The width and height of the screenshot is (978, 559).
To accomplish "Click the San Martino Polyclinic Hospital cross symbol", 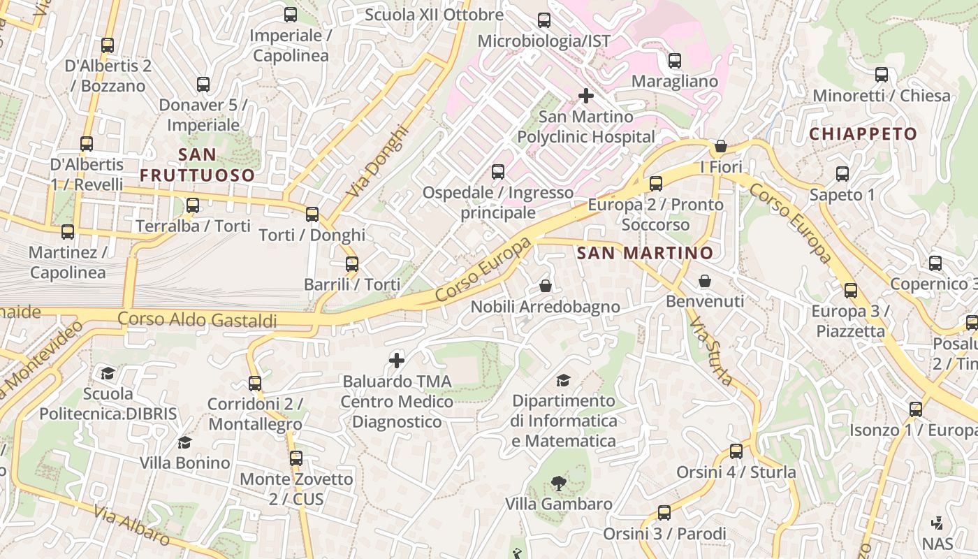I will tap(586, 96).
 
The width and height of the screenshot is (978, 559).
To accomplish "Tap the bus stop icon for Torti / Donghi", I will tap(312, 215).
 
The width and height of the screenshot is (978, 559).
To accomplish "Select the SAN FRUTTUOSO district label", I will tap(198, 165).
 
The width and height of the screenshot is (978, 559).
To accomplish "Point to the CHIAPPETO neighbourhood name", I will tap(863, 133).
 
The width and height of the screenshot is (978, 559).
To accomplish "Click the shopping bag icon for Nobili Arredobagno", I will tap(546, 286).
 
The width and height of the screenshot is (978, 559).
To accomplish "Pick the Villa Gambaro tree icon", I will tap(558, 483).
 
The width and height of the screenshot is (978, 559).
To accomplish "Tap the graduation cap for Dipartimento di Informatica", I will tap(563, 380).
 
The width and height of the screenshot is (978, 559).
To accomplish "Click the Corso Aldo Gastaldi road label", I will tap(197, 319).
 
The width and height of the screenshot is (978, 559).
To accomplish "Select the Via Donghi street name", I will tap(377, 161).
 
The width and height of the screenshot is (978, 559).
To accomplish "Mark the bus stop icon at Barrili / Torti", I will tap(352, 264).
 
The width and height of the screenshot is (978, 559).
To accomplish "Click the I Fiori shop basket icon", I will tap(721, 146).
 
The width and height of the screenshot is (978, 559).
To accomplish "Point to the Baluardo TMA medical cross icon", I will tap(397, 361).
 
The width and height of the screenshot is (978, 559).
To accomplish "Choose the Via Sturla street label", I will tap(710, 352).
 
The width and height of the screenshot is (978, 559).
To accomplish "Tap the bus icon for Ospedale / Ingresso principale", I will tap(498, 171).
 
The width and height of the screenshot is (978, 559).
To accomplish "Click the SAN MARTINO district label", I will tap(645, 253).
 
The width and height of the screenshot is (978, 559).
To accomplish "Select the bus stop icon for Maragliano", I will tap(675, 61).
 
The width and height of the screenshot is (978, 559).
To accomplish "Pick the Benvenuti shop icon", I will tap(705, 281).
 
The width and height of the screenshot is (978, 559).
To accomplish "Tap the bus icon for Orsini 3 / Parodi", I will tap(664, 513).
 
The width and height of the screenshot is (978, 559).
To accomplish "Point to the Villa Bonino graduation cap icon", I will tap(184, 442).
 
